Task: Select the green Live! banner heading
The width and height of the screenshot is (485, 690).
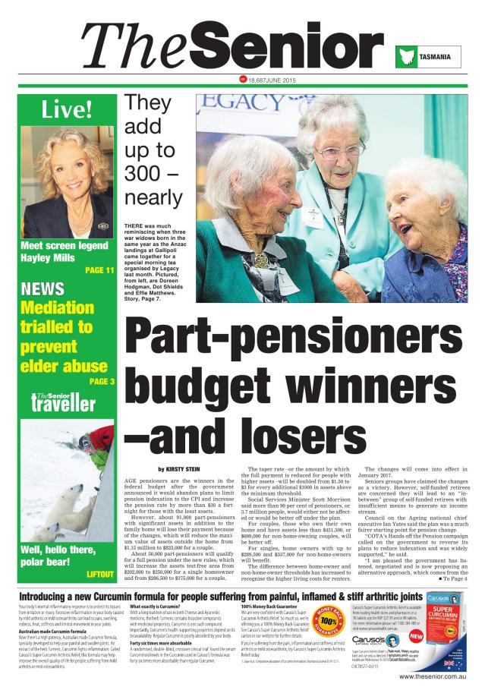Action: click(x=67, y=109)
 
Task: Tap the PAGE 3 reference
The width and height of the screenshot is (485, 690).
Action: click(x=101, y=381)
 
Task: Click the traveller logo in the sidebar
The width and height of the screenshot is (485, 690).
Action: click(x=64, y=403)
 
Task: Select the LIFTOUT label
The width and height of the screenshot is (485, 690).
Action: click(x=99, y=573)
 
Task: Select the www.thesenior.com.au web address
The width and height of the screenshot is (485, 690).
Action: click(x=433, y=676)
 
